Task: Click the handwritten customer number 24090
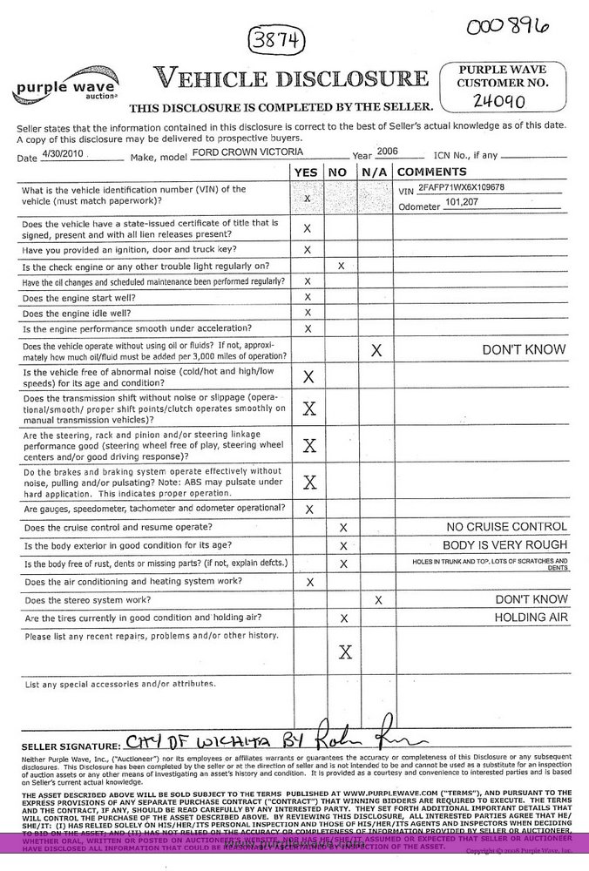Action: point(499,101)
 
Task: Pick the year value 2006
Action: point(387,151)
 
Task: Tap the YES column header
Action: point(307,172)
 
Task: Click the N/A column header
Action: point(375,172)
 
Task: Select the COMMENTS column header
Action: point(432,172)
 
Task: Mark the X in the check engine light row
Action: point(341,266)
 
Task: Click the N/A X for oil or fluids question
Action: point(376,350)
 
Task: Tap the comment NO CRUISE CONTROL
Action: point(506,527)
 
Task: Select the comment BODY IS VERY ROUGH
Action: point(505,545)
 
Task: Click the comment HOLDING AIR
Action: point(531,618)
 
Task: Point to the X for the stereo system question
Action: point(377,600)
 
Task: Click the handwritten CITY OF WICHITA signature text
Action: point(201,743)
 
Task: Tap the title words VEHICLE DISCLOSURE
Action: point(291,78)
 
